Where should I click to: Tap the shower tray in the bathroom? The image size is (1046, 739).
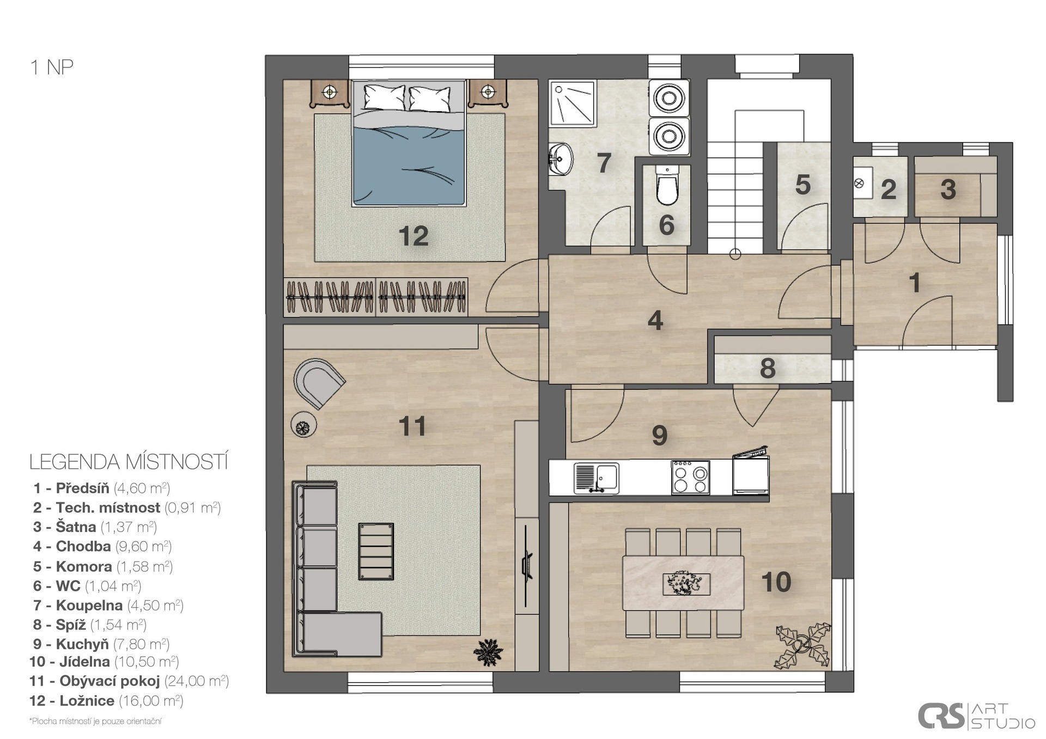click(x=573, y=103)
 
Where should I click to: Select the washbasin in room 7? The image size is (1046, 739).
click(x=560, y=159)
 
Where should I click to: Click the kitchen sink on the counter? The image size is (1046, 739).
click(x=597, y=478)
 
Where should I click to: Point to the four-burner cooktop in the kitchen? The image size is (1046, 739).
click(x=690, y=477)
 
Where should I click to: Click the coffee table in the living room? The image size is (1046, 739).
click(x=376, y=551)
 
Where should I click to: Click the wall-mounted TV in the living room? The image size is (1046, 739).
click(x=526, y=565)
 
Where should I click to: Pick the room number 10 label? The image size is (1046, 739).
click(x=776, y=582)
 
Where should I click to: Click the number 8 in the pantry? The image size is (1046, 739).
click(x=768, y=368)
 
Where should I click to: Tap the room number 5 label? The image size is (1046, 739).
click(x=802, y=185)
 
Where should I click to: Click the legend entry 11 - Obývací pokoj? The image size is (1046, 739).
click(x=129, y=681)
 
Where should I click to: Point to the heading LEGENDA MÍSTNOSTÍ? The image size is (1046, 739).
click(x=129, y=462)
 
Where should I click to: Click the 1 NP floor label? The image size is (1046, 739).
click(x=52, y=67)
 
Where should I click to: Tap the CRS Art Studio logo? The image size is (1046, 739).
click(x=976, y=716)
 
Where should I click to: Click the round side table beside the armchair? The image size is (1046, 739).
click(x=304, y=424)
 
